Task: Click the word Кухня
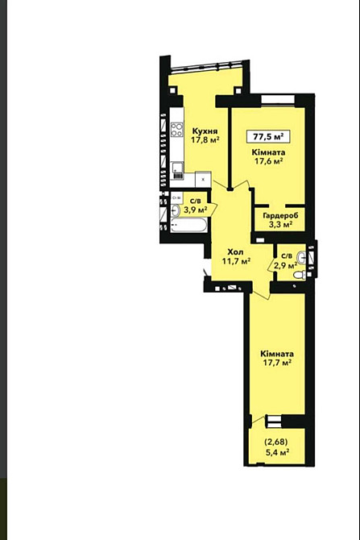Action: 205,131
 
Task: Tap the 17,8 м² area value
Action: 205,139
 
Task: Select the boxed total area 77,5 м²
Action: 268,136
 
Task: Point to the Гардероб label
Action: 280,215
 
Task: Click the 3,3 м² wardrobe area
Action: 280,225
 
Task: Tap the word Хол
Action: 236,252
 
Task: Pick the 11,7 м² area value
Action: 236,261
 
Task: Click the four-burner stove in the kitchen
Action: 177,130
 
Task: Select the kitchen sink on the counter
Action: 178,171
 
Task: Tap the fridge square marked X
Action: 203,180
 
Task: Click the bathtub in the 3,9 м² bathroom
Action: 189,225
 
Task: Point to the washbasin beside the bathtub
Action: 176,210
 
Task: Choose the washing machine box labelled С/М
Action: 176,197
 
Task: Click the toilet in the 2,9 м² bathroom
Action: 300,275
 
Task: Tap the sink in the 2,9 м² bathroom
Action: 301,258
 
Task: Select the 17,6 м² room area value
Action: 268,160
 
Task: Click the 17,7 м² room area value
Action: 277,363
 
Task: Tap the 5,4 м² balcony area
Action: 276,452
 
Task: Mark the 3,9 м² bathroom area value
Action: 195,210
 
